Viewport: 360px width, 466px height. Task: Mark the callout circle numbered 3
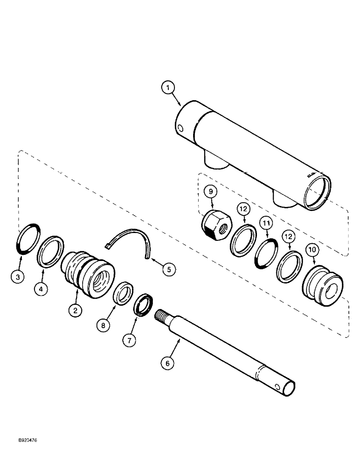(18, 277)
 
